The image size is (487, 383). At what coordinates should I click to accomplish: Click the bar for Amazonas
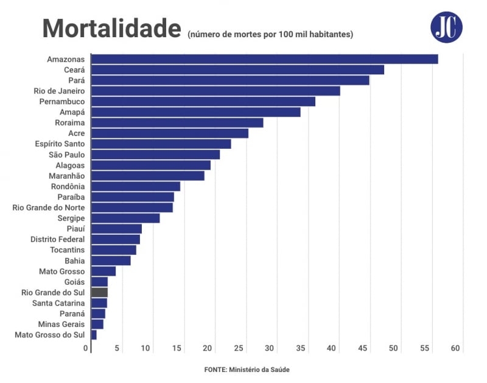[x=264, y=59]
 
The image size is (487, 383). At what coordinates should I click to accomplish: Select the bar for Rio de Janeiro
[x=215, y=91]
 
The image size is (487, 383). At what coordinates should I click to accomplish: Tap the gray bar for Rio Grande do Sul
[x=99, y=292]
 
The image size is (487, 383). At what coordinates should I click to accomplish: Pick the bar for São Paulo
[x=155, y=154]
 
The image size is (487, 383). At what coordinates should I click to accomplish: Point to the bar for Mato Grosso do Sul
[x=94, y=335]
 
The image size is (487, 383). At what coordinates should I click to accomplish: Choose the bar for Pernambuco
[x=203, y=101]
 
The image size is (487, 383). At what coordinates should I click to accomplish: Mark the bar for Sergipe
[x=125, y=218]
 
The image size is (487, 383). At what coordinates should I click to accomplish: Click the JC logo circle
[x=446, y=27]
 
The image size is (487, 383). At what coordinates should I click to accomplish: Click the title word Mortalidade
[x=111, y=29]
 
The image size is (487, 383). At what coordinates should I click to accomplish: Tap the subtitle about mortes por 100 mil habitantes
[x=270, y=34]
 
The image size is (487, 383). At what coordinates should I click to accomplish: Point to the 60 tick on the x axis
[x=455, y=348]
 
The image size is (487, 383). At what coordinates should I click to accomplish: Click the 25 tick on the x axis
[x=239, y=348]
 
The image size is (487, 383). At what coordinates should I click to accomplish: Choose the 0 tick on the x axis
[x=86, y=348]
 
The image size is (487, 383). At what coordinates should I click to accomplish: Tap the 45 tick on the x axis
[x=363, y=348]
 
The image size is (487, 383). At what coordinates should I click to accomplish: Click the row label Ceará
[x=74, y=70]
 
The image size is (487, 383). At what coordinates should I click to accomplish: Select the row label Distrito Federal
[x=57, y=239]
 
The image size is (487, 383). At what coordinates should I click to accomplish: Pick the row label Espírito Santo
[x=60, y=144]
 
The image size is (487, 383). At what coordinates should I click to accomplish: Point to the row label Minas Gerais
[x=61, y=324]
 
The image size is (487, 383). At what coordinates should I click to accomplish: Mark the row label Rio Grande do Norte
[x=49, y=207]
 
